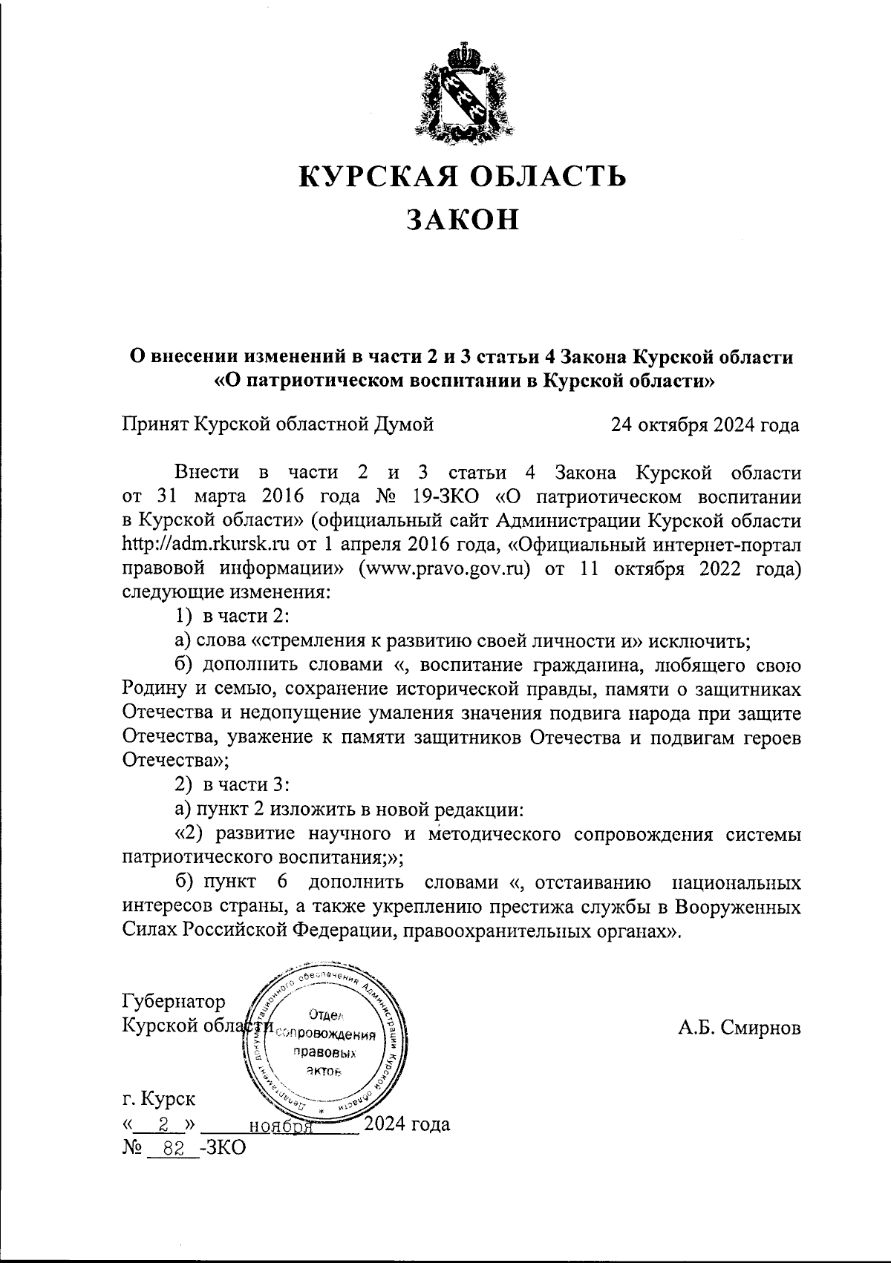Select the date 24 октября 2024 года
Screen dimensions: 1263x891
coord(705,425)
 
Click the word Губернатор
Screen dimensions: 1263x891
coord(174,1003)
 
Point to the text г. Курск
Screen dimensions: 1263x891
coord(159,1098)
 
